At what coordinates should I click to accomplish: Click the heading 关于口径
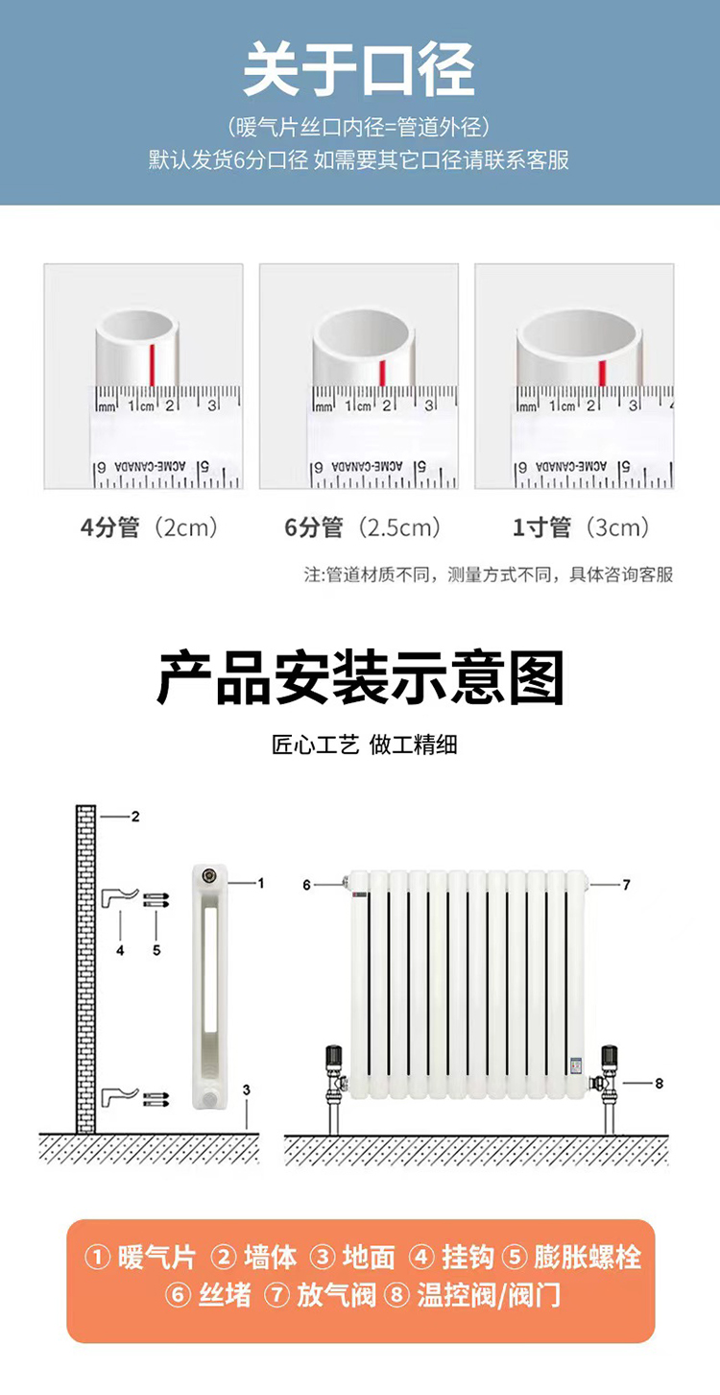pyautogui.click(x=359, y=70)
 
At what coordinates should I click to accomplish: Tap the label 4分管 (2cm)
pyautogui.click(x=149, y=527)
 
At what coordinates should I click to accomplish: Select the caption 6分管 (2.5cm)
pyautogui.click(x=362, y=527)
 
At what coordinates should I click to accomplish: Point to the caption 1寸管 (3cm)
pyautogui.click(x=580, y=527)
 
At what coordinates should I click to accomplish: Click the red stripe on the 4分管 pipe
pyautogui.click(x=152, y=365)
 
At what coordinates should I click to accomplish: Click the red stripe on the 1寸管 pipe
pyautogui.click(x=602, y=373)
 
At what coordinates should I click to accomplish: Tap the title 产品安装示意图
pyautogui.click(x=360, y=678)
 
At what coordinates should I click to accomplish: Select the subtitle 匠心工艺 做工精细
pyautogui.click(x=364, y=745)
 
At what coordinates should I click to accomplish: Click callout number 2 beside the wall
pyautogui.click(x=135, y=817)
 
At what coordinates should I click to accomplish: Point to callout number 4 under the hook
pyautogui.click(x=120, y=950)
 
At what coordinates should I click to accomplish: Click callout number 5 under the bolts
pyautogui.click(x=156, y=950)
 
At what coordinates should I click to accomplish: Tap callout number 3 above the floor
pyautogui.click(x=247, y=1089)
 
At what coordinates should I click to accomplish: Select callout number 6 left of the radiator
pyautogui.click(x=306, y=885)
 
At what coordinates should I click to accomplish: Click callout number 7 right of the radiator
pyautogui.click(x=627, y=884)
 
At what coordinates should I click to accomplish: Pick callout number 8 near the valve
pyautogui.click(x=659, y=1084)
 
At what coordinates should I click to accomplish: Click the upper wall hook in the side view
pyautogui.click(x=118, y=898)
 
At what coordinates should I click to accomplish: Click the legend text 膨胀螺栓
pyautogui.click(x=587, y=1258)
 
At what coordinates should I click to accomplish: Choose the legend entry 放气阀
pyautogui.click(x=336, y=1296)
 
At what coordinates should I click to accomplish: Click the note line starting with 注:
pyautogui.click(x=489, y=575)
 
